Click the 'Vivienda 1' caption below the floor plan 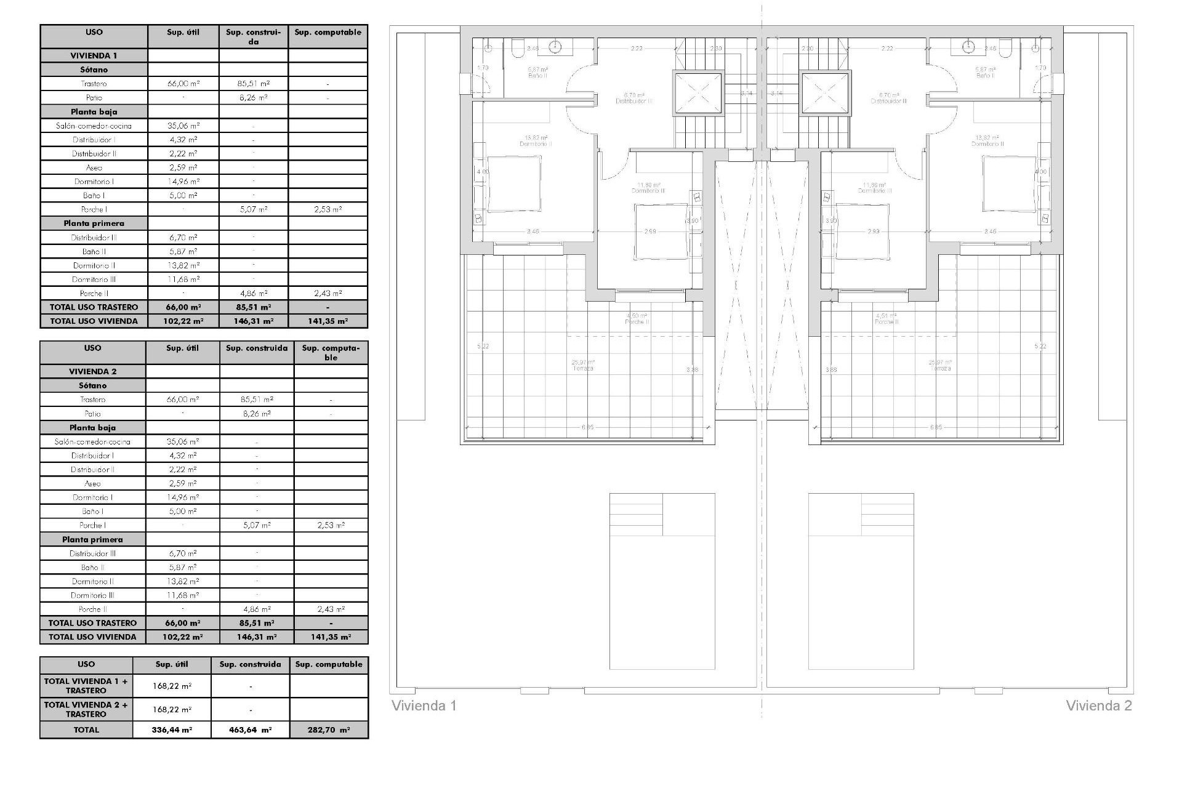pyautogui.click(x=424, y=706)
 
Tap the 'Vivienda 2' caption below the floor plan pyautogui.click(x=1098, y=706)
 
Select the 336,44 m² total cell pyautogui.click(x=172, y=730)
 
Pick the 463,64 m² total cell pyautogui.click(x=250, y=730)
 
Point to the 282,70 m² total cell pyautogui.click(x=329, y=730)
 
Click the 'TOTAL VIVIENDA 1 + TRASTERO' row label pyautogui.click(x=86, y=686)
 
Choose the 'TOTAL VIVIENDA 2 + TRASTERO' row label pyautogui.click(x=86, y=709)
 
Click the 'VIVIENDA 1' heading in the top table pyautogui.click(x=94, y=55)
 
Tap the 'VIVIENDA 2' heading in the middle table pyautogui.click(x=92, y=371)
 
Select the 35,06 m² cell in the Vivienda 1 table pyautogui.click(x=183, y=126)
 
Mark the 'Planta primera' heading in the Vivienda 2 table pyautogui.click(x=92, y=539)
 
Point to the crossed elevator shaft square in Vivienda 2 pyautogui.click(x=826, y=94)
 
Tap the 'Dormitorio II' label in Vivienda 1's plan pyautogui.click(x=536, y=144)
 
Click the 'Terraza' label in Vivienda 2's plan pyautogui.click(x=941, y=368)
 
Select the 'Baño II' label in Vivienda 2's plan pyautogui.click(x=985, y=76)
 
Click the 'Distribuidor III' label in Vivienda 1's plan pyautogui.click(x=634, y=101)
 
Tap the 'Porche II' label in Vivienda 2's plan pyautogui.click(x=886, y=322)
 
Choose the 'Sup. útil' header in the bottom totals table pyautogui.click(x=172, y=664)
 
